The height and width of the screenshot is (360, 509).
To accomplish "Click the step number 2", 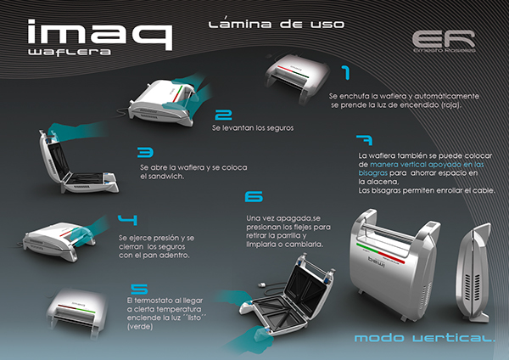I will tap(224, 115).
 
